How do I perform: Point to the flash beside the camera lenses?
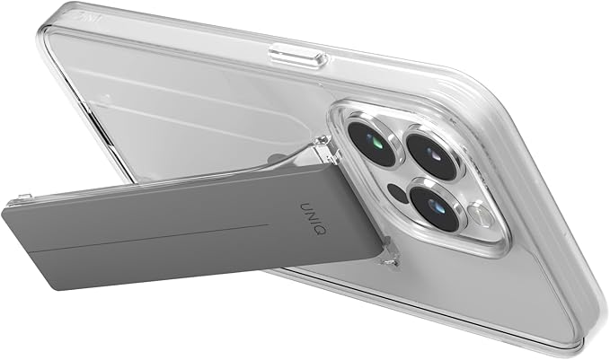pyautogui.click(x=482, y=216)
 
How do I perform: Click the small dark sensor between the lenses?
pyautogui.click(x=396, y=193)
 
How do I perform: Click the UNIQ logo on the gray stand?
pyautogui.click(x=314, y=217)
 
